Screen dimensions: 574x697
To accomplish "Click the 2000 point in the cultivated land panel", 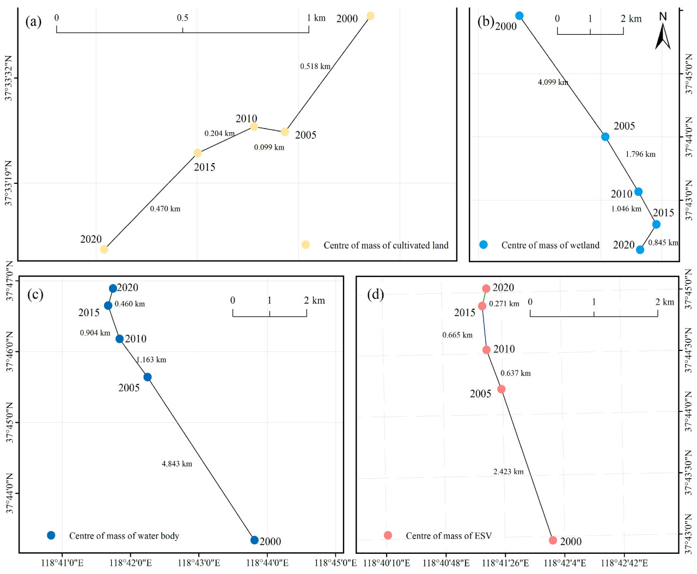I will tap(370, 16).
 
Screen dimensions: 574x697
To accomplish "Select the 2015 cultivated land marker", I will tap(198, 153).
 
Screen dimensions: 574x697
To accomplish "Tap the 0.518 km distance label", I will tap(315, 66).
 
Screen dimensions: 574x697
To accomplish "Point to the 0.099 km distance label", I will tap(269, 147).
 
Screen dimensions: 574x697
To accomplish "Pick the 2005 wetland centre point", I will tap(605, 137).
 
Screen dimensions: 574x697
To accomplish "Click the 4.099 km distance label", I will tap(553, 82).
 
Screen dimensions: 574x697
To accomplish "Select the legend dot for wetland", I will tap(483, 245).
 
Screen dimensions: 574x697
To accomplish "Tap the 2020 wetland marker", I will tap(640, 250).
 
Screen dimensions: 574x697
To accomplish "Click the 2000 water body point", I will tap(254, 540).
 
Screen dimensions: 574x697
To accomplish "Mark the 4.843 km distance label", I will tap(177, 464).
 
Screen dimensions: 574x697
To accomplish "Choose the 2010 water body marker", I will tap(120, 339).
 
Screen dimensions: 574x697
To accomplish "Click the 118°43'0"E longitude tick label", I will tap(199, 563).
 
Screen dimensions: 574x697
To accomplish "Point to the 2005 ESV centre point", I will tap(502, 389).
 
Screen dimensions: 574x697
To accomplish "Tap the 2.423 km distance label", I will tap(509, 472).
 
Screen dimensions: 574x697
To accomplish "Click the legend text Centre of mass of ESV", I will tap(449, 536).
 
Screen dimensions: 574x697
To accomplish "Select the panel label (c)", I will tap(35, 294).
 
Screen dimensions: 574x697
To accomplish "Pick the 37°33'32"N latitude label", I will tap(9, 78).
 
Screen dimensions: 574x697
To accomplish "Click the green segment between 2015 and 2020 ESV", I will tap(484, 297).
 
